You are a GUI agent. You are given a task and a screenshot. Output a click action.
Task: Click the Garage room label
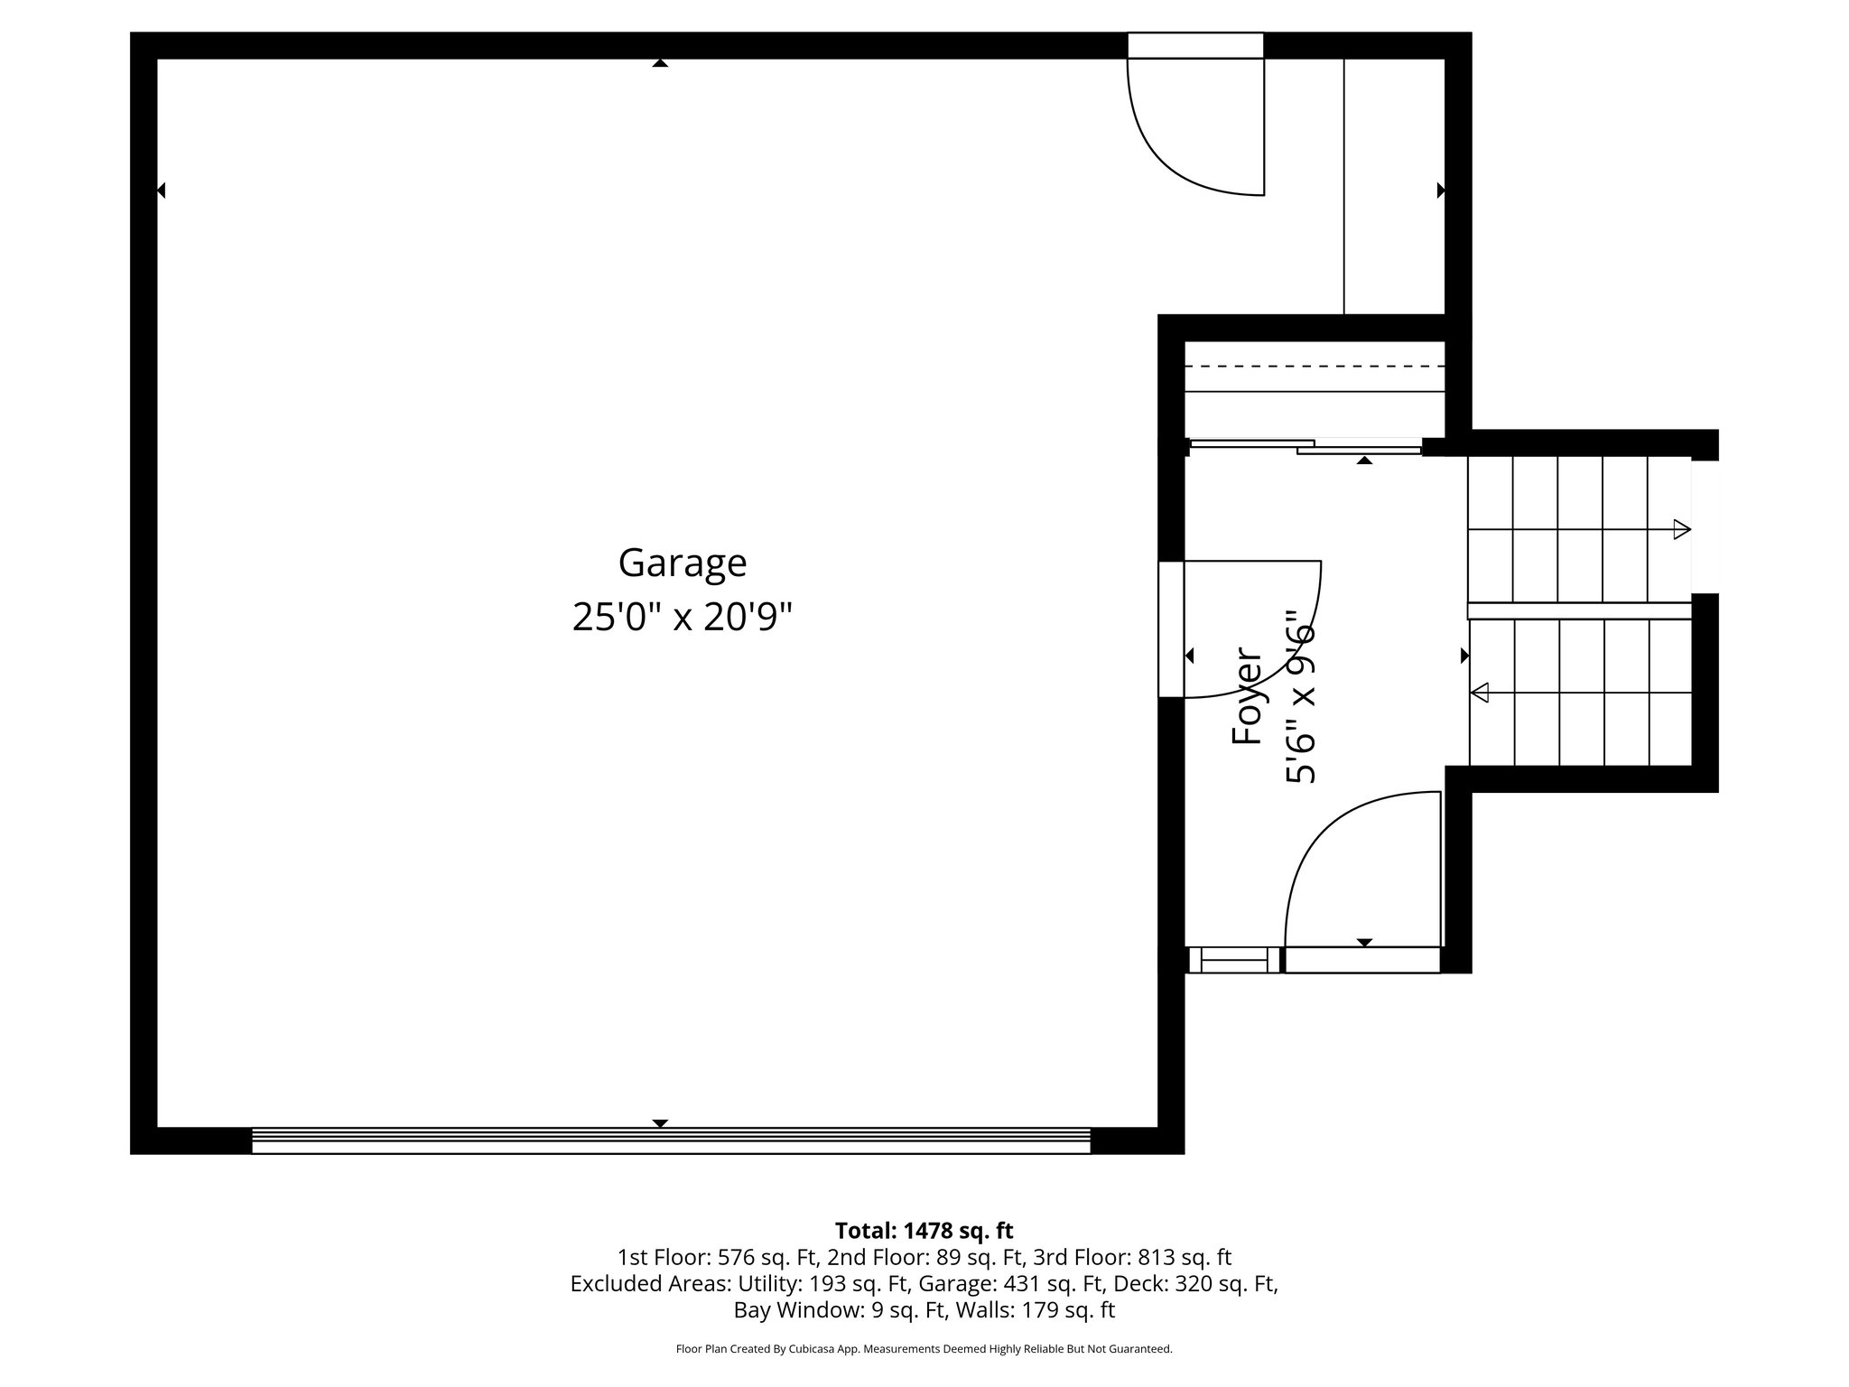(683, 563)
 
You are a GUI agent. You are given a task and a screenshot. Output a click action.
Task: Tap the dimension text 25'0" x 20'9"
(683, 618)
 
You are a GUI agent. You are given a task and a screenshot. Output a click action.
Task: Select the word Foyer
(1247, 695)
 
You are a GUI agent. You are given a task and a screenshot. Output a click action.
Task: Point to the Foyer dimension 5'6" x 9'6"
(1301, 695)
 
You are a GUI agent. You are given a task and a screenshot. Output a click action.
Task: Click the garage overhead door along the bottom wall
(671, 1140)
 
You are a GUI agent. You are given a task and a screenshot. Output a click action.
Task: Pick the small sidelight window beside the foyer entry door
(1233, 960)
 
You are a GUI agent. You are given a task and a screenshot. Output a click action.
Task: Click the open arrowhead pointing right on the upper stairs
(1681, 530)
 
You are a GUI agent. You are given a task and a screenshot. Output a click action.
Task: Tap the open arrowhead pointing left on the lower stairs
(1480, 693)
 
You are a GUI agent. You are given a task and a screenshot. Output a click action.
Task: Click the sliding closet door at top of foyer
(1305, 445)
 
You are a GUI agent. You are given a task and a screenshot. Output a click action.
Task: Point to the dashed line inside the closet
(1314, 367)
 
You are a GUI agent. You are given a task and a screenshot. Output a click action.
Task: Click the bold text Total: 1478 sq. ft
(924, 1231)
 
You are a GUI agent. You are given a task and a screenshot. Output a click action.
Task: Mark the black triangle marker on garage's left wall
(162, 191)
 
